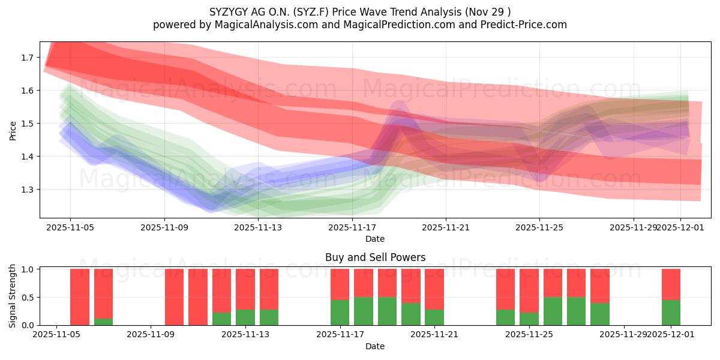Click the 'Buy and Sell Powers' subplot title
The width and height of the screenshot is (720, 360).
(375, 257)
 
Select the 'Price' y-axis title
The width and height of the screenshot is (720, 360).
(13, 130)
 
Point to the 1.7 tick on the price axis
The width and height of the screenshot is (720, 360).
(28, 58)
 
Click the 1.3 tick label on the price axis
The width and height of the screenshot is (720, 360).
(28, 190)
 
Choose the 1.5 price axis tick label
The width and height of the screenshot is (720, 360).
(28, 124)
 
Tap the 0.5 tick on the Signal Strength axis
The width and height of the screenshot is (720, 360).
(28, 298)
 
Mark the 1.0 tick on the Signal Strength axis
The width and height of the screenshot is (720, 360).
(28, 269)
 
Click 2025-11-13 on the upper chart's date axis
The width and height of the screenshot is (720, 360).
(258, 227)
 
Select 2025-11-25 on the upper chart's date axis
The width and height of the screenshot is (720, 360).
(539, 227)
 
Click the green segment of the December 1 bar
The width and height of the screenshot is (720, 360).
(671, 313)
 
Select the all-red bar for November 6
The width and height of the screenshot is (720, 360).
(80, 297)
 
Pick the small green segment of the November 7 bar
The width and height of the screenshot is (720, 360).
(103, 322)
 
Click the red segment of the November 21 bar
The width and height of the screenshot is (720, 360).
(434, 289)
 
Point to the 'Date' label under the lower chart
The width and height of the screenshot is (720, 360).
(375, 346)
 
